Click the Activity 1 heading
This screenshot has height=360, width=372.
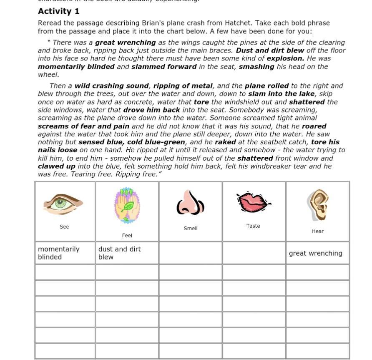[x=58, y=11]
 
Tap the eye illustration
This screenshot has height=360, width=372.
[x=63, y=204]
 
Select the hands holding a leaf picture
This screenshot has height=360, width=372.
[x=127, y=206]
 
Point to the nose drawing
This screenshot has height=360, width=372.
[x=190, y=203]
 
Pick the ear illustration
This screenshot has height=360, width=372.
[x=318, y=205]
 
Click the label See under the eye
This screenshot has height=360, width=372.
[x=64, y=227]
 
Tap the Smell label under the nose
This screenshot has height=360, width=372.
[x=191, y=229]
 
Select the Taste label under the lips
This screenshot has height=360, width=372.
[x=253, y=226]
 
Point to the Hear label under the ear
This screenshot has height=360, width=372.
[x=318, y=232]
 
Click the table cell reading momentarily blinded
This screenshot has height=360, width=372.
[x=65, y=253]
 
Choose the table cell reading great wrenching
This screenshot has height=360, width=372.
[x=317, y=253]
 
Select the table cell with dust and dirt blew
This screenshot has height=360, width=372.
[x=127, y=253]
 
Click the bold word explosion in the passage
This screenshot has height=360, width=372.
[x=285, y=58]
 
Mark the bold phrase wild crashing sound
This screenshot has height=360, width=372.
[x=111, y=86]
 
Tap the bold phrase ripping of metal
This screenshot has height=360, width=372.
[x=183, y=86]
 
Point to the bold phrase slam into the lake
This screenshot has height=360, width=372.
[x=281, y=94]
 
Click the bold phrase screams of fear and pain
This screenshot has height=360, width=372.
[x=83, y=126]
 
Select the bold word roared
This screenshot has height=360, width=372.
[x=314, y=126]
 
